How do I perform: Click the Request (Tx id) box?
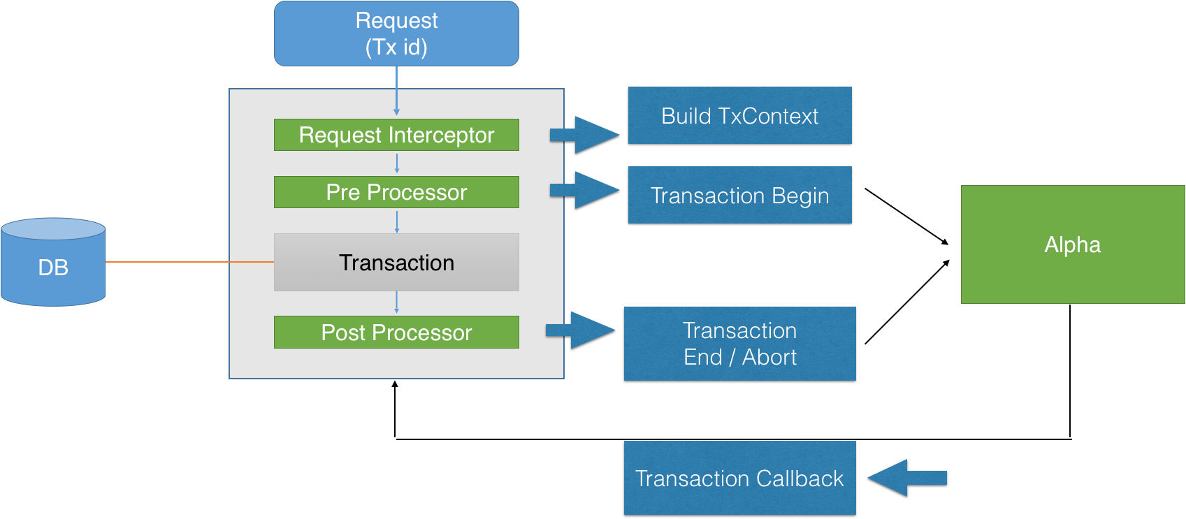point(396,34)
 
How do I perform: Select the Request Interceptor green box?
point(396,135)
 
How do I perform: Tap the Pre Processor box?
point(396,192)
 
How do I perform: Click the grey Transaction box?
point(396,263)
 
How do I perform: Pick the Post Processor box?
point(396,332)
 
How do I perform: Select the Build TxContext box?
point(739,116)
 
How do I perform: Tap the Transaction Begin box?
point(739,196)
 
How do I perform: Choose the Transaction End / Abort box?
point(739,344)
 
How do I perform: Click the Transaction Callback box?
point(739,478)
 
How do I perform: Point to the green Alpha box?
point(1073,244)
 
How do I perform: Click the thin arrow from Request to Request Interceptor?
point(396,91)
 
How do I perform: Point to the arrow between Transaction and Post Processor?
point(396,302)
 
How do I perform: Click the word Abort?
point(769,357)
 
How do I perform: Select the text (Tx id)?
point(396,47)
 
